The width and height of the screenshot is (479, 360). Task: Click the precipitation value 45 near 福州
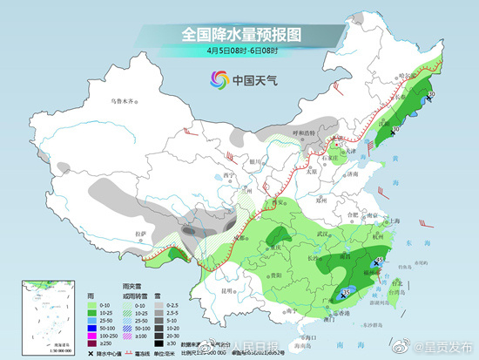pyautogui.click(x=380, y=260)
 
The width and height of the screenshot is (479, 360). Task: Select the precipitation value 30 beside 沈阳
pyautogui.click(x=397, y=131)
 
